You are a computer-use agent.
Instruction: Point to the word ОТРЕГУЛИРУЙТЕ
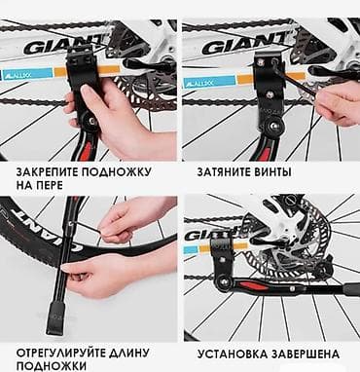tap(62, 353)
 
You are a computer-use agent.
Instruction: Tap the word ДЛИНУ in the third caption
tap(131, 353)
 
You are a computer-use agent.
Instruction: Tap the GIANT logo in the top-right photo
tap(245, 45)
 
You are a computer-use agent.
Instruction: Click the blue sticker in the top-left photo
tap(26, 74)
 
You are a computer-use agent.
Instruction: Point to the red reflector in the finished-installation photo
tap(255, 286)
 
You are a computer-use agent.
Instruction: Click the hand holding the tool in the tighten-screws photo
tap(338, 104)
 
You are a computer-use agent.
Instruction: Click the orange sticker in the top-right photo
tap(245, 79)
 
